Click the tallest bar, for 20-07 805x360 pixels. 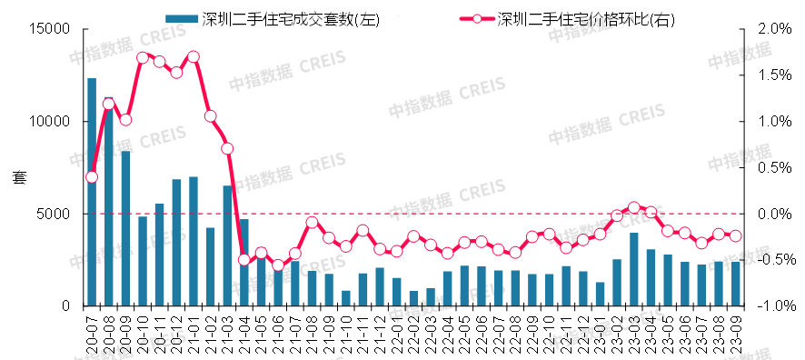coord(92,192)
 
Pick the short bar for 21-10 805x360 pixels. coord(346,298)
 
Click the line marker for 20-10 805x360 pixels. coord(143,58)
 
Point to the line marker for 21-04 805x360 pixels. coord(244,260)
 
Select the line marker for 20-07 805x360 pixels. coord(92,177)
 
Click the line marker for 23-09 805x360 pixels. coord(736,235)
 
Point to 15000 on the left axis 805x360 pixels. coord(52,29)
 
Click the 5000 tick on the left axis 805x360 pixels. coord(55,214)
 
